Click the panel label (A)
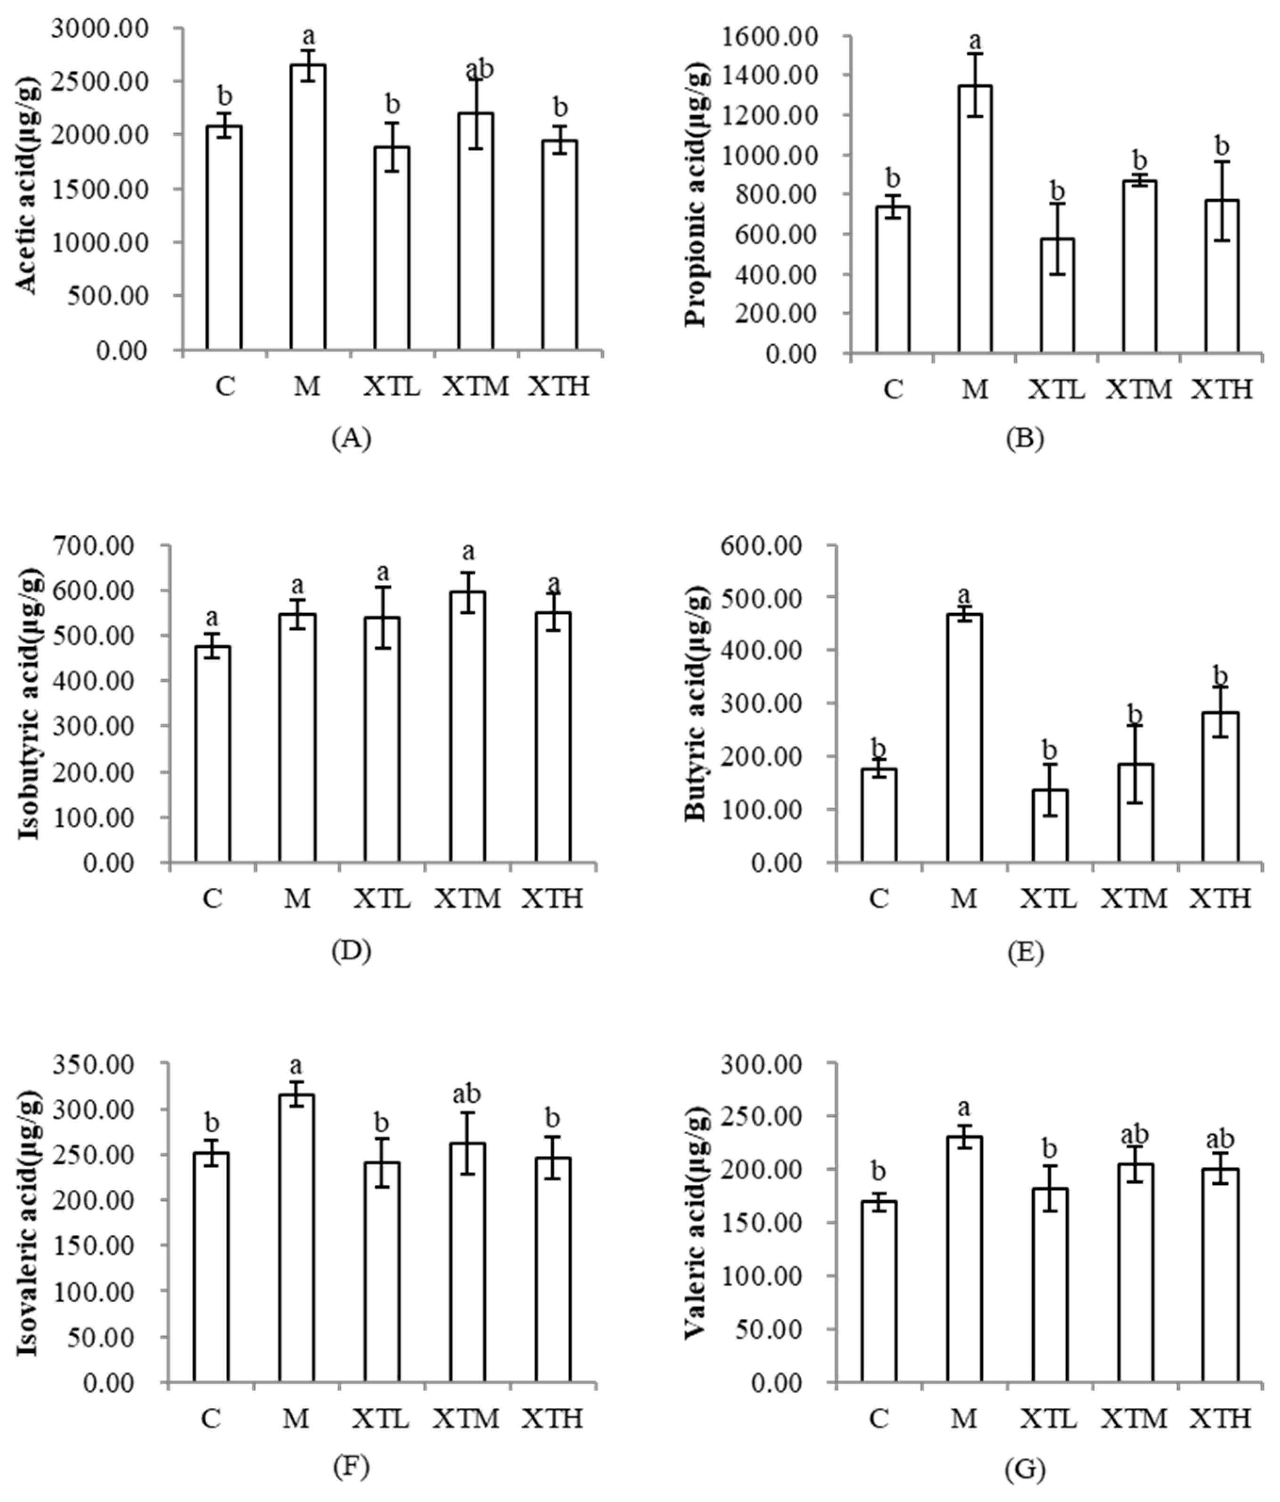pos(351,438)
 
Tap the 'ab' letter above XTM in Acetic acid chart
pos(479,70)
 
